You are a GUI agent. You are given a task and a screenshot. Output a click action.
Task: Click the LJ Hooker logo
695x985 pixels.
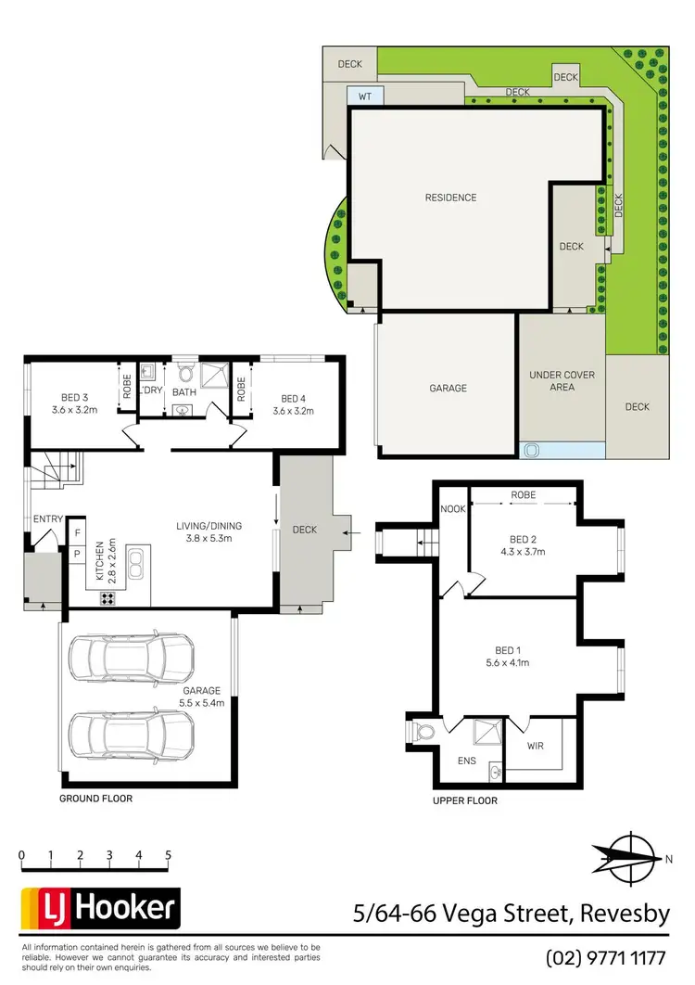(x=100, y=908)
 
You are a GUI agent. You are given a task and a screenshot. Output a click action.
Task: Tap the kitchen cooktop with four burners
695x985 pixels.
(x=107, y=598)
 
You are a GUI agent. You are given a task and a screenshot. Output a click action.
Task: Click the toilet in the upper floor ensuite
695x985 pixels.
(x=424, y=732)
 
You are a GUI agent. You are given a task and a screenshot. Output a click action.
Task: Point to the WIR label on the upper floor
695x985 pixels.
(x=535, y=745)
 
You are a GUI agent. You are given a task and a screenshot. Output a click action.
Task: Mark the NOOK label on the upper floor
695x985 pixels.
(x=453, y=508)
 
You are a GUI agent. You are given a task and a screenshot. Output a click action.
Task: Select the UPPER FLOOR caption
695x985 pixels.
(x=465, y=800)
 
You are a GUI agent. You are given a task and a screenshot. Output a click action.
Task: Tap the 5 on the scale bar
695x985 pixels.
(x=168, y=854)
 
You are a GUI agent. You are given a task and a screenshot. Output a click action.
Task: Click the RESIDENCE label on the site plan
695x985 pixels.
(x=450, y=198)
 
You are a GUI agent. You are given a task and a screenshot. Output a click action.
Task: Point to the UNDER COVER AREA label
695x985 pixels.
(x=562, y=381)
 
